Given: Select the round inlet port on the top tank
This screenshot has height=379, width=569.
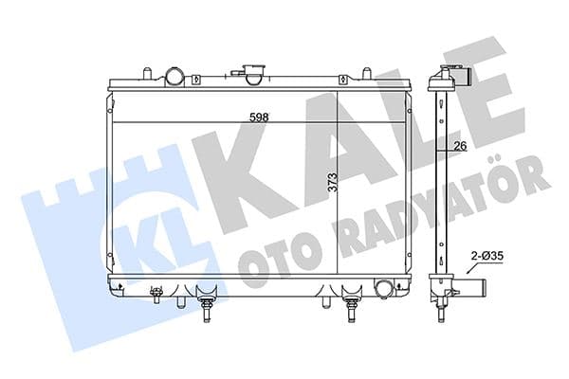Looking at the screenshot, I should (176, 75).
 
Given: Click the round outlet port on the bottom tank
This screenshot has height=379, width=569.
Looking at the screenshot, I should (385, 288).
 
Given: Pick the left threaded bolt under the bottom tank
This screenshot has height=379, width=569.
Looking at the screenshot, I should (206, 308).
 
